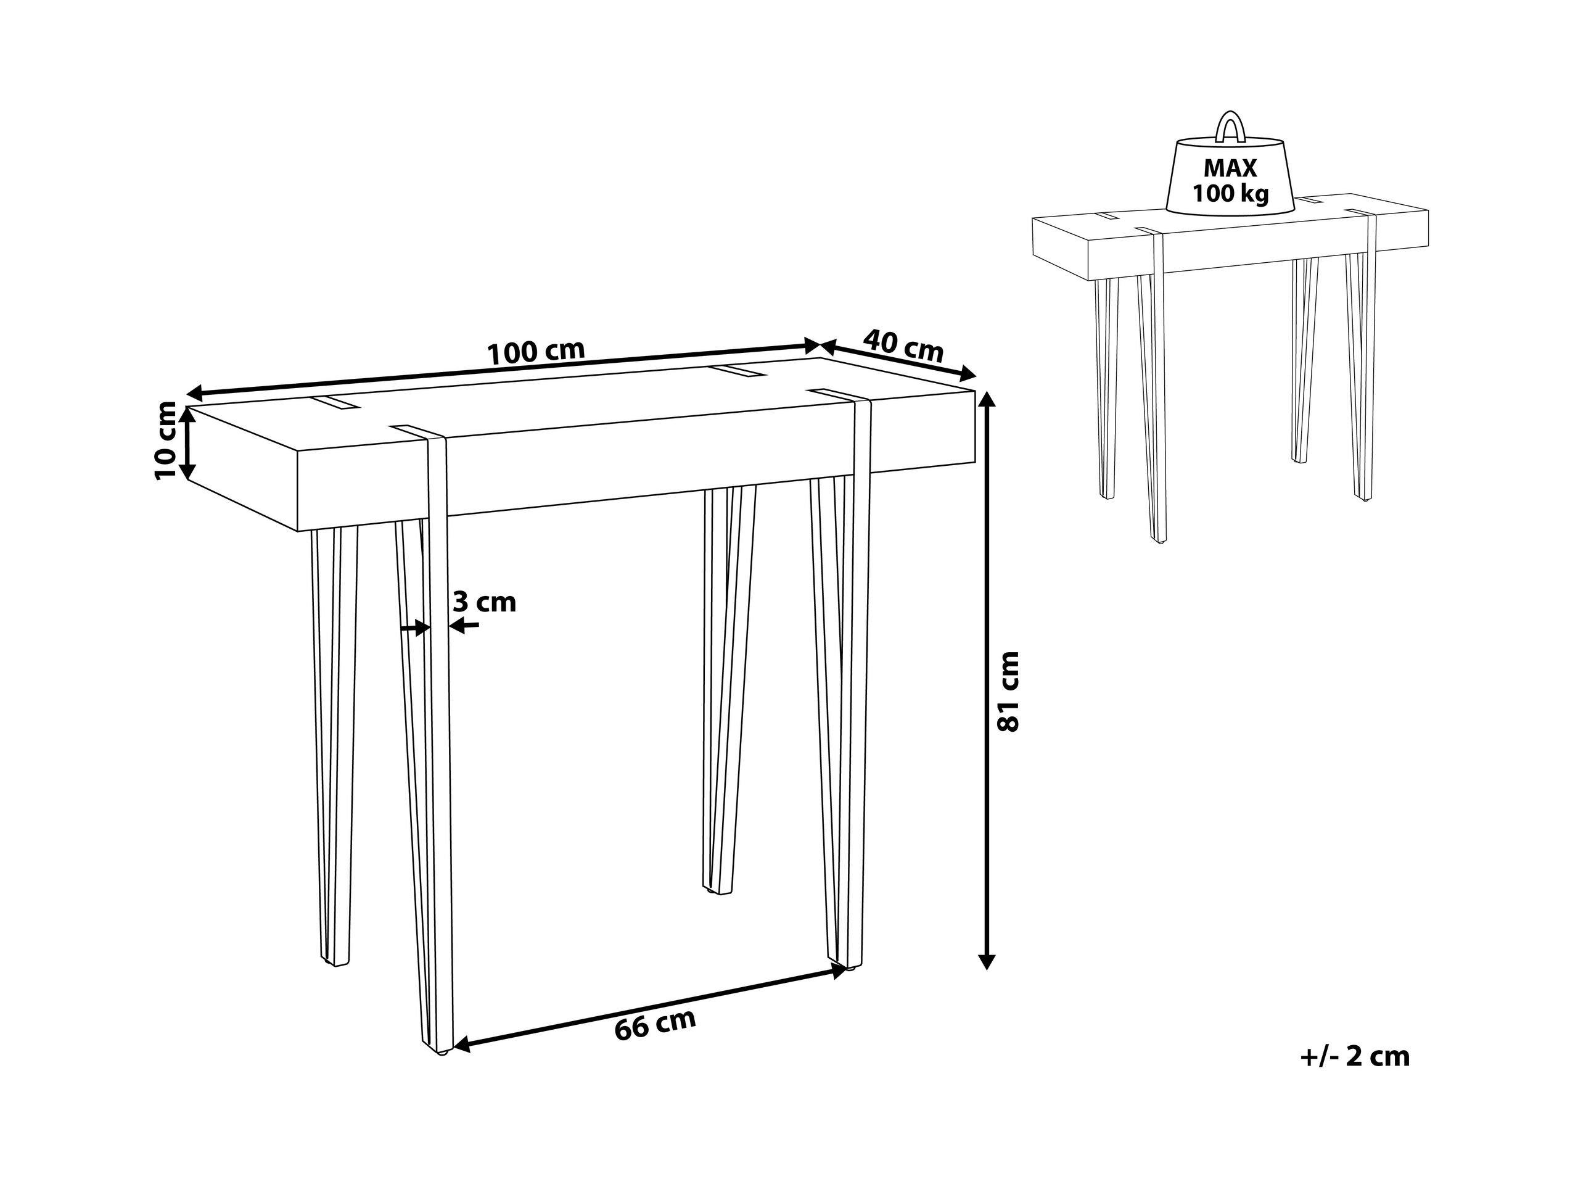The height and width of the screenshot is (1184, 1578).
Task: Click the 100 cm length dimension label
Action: coord(535,351)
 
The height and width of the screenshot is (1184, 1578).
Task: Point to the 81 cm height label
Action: coord(1009,690)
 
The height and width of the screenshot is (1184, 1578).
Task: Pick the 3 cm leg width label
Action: coord(485,602)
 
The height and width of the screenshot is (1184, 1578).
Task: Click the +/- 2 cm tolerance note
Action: coord(1355,1056)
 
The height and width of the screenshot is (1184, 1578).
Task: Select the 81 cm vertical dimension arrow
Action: coord(986,679)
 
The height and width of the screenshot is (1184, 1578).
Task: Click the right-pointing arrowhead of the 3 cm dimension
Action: coord(422,628)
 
